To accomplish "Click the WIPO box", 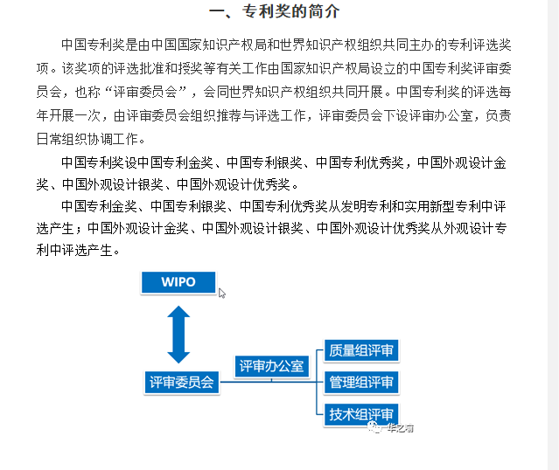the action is [178, 282].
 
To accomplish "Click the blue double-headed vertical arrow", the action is [178, 335].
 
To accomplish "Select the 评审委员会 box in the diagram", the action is [182, 382].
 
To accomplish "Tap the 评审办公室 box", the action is [272, 366].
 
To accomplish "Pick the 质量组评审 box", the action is [360, 350].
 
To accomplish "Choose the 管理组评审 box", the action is [360, 382].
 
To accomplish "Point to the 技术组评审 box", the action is [360, 414].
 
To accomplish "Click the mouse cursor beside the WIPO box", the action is [221, 293].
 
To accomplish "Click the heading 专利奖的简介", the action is [290, 11].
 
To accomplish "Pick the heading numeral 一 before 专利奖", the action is [217, 11].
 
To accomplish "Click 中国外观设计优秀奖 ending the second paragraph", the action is [234, 184].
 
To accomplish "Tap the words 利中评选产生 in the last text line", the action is [74, 251].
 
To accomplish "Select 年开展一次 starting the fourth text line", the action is [68, 115].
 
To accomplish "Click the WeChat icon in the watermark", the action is [374, 426].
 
